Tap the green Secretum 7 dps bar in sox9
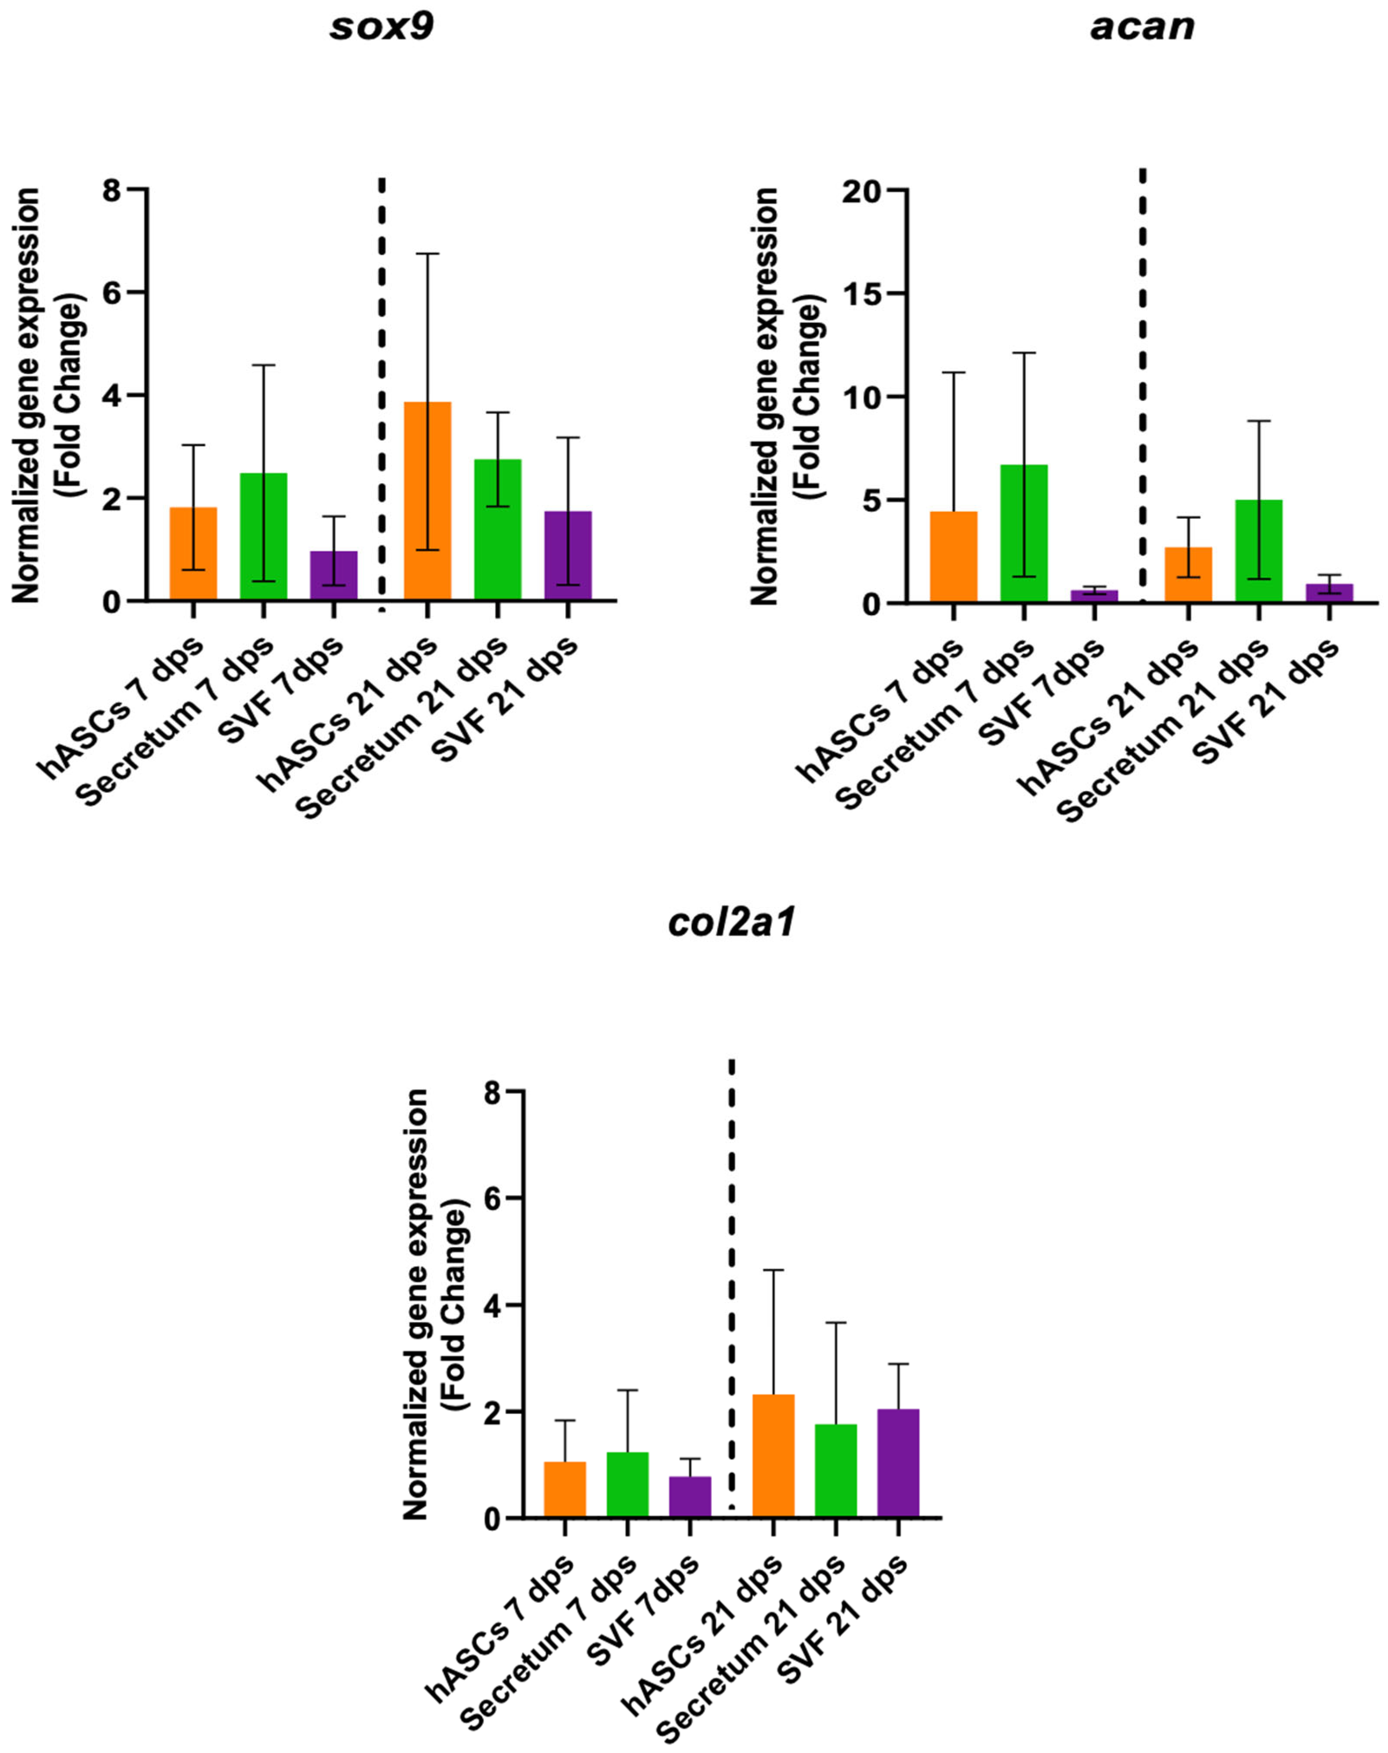263,537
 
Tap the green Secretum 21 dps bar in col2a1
835,1470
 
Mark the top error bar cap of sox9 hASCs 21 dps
428,254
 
